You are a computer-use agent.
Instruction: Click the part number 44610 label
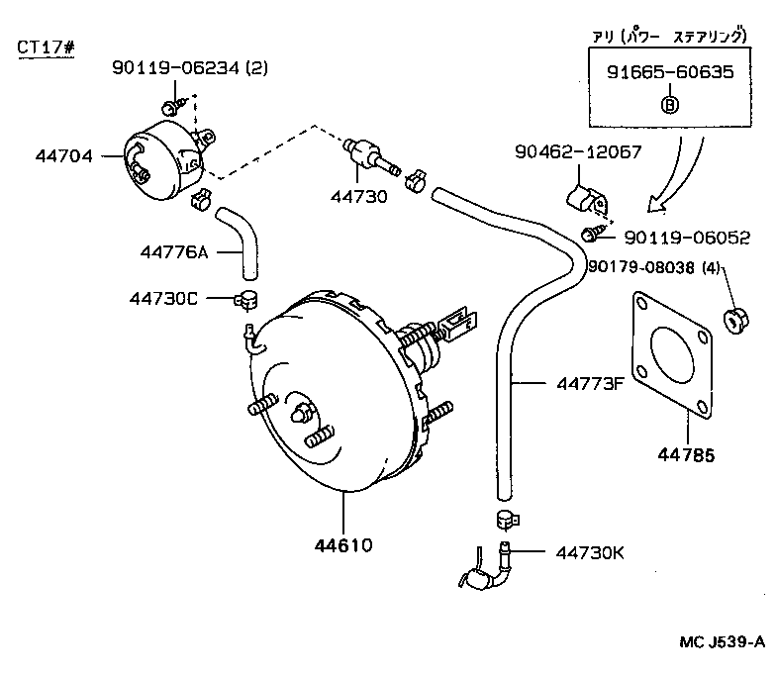[x=344, y=543]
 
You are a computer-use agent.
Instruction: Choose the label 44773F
[x=575, y=384]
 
